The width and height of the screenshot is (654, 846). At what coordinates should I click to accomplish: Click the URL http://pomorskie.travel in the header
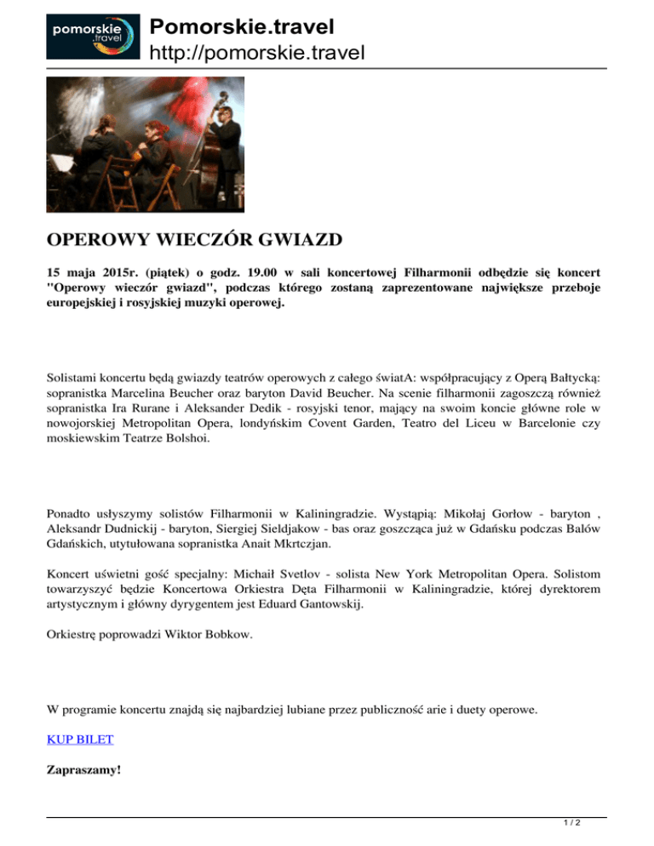(x=256, y=54)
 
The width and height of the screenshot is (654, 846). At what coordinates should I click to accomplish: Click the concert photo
(x=145, y=145)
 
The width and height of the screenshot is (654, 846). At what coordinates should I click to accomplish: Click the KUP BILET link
(x=79, y=739)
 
